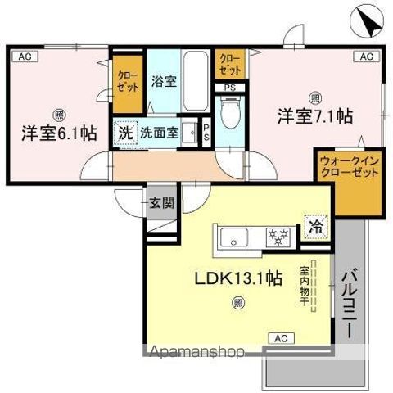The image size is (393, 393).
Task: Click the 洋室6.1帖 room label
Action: [54, 132]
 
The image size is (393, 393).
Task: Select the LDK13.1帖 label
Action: [237, 279]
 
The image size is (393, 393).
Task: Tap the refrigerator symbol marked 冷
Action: [314, 227]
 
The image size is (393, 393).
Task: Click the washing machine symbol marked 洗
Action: [124, 133]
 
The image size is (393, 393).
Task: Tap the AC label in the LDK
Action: [281, 337]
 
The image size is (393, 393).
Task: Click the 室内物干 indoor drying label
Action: [304, 286]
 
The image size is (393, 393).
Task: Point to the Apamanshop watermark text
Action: [196, 353]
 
